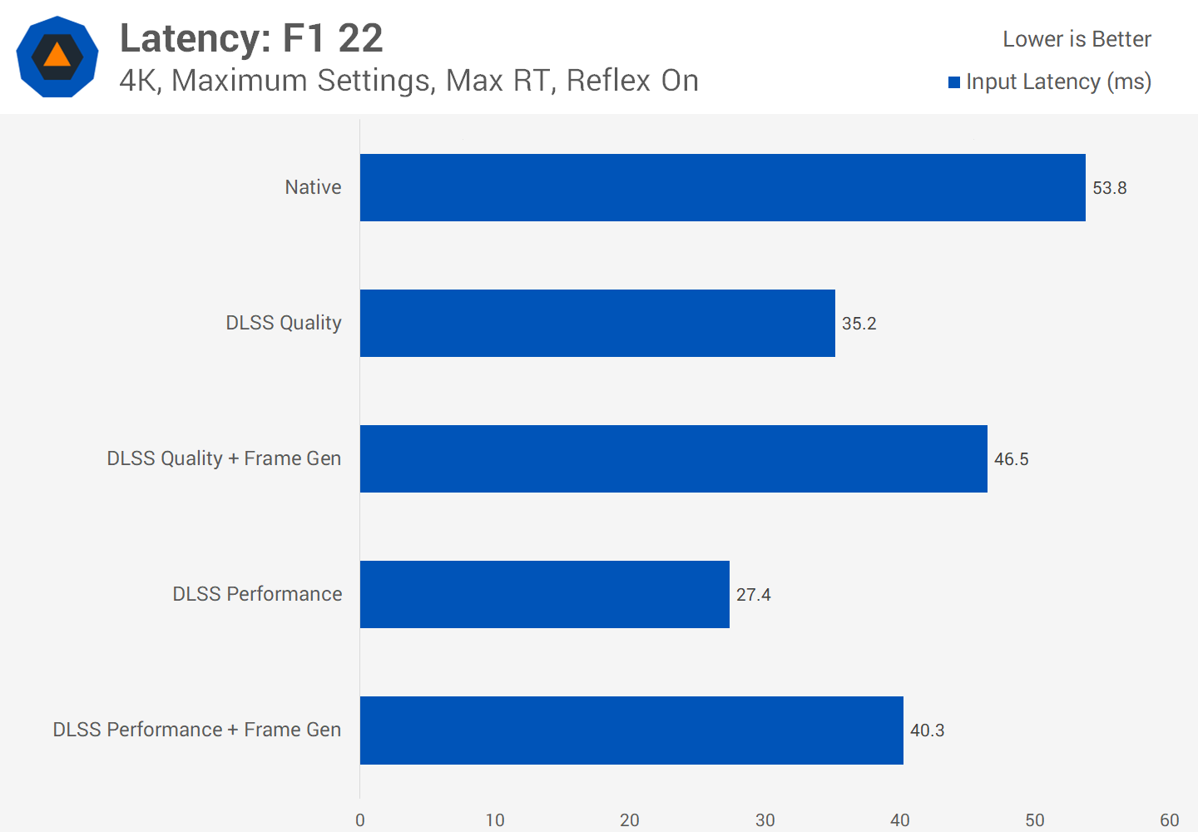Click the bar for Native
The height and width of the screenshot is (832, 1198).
coord(722,187)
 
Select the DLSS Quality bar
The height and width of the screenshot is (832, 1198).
coord(597,323)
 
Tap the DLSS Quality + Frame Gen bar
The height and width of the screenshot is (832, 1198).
coord(673,458)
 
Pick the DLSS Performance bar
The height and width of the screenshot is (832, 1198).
coord(544,594)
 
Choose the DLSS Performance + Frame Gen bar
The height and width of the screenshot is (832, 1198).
coord(631,730)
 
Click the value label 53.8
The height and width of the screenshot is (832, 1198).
coord(1109,188)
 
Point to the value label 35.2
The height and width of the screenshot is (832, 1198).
coord(859,324)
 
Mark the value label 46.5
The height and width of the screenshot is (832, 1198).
coord(1011,459)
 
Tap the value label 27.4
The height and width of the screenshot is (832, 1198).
coord(753,595)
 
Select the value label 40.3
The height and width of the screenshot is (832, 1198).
coord(927,730)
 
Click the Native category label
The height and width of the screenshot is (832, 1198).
coord(313,187)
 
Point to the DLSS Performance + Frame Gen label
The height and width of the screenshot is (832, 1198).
coord(197,730)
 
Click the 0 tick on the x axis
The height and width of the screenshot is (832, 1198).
coord(360,820)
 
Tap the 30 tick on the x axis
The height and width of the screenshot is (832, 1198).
coord(765,820)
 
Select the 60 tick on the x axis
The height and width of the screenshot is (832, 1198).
coord(1169,820)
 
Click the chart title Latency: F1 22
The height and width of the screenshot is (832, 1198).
coord(251,38)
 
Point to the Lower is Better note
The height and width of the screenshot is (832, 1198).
coord(1077,39)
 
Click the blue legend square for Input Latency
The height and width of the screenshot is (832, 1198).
coord(954,82)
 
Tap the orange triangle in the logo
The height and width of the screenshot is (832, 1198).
coord(57,56)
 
